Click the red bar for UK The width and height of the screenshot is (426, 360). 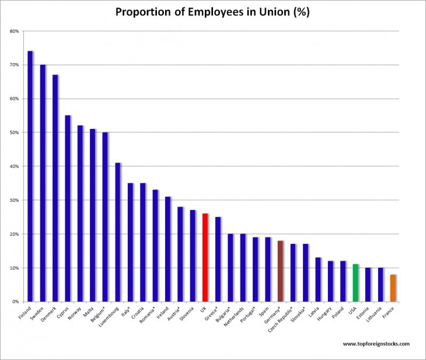point(205,257)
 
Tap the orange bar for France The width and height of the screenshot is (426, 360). point(393,288)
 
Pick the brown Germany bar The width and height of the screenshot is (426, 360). point(280,271)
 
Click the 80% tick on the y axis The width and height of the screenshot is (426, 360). point(15,31)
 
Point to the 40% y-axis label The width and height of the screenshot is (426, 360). point(15,166)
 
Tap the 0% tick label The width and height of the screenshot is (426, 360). point(16,302)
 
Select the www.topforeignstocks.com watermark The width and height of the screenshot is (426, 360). point(376,344)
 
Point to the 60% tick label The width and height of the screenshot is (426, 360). point(15,99)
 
